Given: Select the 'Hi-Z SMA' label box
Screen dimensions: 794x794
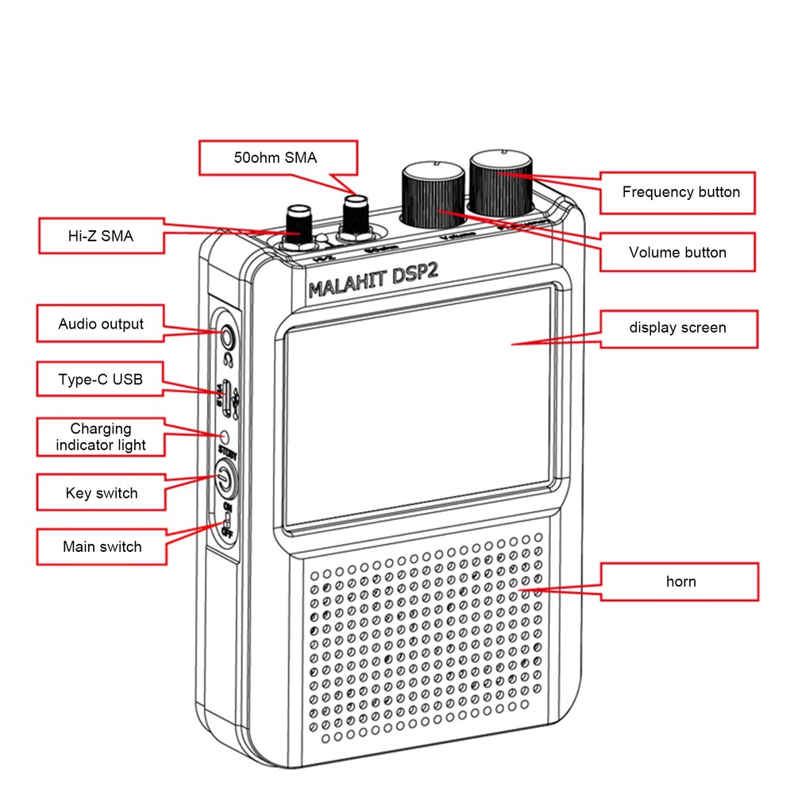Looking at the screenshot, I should tap(101, 236).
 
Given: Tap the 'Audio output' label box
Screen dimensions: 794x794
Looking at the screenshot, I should tap(101, 324).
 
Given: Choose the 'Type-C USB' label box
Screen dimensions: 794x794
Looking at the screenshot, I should tap(101, 379).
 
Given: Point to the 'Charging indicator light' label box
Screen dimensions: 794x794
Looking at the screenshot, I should tap(101, 437).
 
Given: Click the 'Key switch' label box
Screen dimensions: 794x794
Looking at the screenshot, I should tap(101, 493).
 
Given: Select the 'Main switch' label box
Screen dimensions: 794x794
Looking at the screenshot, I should tap(101, 546).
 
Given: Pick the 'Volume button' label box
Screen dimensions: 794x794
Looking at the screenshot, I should tap(677, 252).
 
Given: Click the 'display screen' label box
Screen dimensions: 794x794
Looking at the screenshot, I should tap(677, 328).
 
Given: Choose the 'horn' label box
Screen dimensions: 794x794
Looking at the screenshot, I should tap(679, 582).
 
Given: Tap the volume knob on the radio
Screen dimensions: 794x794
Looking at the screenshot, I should tap(434, 195).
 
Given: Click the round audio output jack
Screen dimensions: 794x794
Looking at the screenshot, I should tap(228, 338).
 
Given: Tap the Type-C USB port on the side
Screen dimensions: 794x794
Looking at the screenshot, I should tap(227, 398).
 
